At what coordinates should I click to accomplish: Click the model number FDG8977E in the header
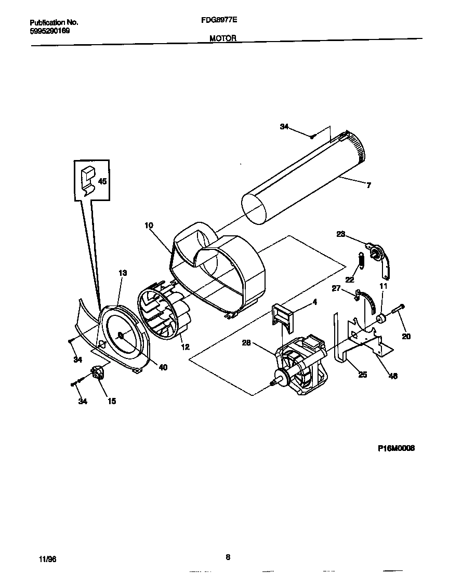219,22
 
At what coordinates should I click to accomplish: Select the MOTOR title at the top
223,38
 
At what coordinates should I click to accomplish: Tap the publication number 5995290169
49,31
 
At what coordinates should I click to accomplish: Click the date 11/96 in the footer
47,558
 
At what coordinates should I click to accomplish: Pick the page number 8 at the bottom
228,557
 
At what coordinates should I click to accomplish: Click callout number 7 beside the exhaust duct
368,185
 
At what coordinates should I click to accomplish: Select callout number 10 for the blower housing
149,225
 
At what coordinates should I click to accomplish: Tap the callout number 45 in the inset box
102,181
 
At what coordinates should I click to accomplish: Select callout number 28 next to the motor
246,342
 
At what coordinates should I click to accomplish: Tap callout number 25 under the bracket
362,375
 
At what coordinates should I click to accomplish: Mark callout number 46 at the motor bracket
393,376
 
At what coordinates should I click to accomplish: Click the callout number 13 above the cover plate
123,273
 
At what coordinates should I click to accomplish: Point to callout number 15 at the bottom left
111,401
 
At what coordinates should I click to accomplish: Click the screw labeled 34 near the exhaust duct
312,137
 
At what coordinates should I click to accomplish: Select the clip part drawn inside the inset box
89,178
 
